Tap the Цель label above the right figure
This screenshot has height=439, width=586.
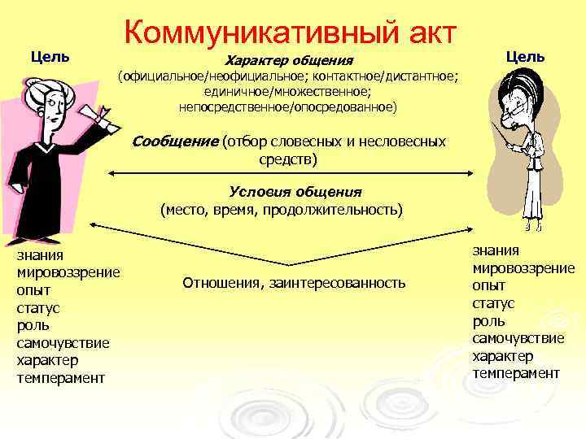pyautogui.click(x=526, y=57)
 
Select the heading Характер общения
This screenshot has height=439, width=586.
pyautogui.click(x=289, y=61)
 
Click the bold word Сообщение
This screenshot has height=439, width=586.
pyautogui.click(x=175, y=141)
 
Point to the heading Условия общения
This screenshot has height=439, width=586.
pyautogui.click(x=295, y=192)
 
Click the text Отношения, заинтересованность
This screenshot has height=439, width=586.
pyautogui.click(x=294, y=283)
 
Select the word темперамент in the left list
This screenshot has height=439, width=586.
pyautogui.click(x=61, y=378)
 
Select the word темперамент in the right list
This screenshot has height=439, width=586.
pyautogui.click(x=516, y=373)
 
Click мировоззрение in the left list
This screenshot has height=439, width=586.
pyautogui.click(x=68, y=272)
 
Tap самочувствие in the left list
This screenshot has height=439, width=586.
pyautogui.click(x=63, y=343)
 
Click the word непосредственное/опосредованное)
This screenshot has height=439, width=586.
pyautogui.click(x=288, y=106)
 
